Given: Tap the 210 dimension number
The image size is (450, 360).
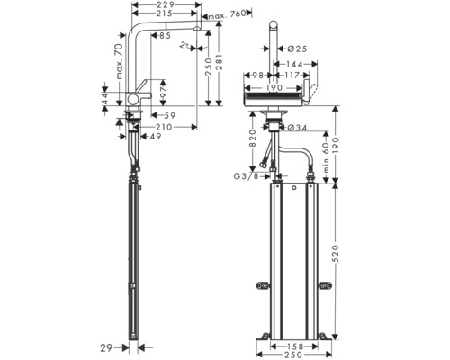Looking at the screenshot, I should point(162,127).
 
